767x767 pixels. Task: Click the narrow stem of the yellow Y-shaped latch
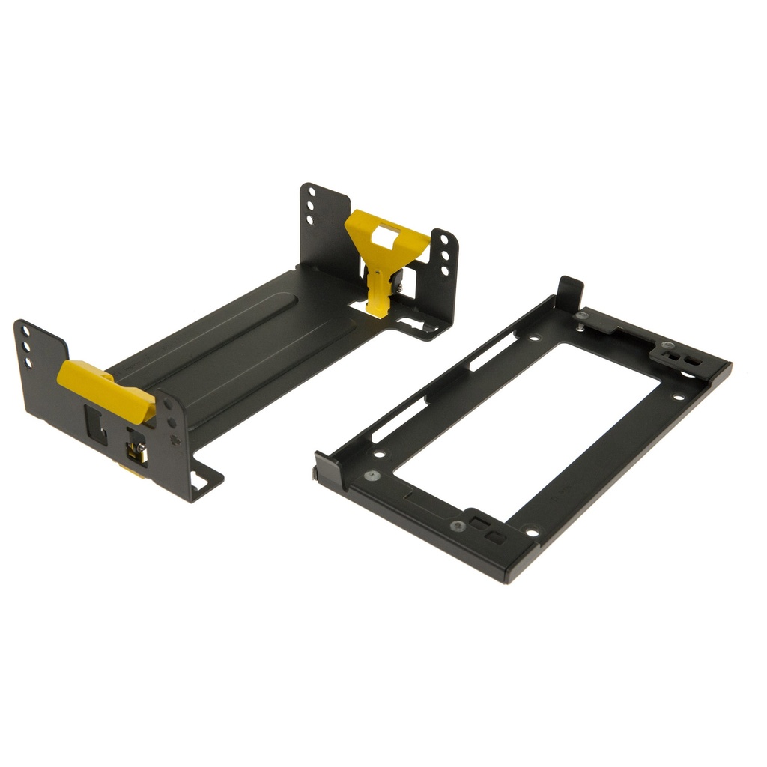click(380, 288)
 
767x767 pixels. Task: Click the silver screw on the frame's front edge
click(458, 526)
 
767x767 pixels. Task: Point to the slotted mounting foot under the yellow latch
click(412, 324)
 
